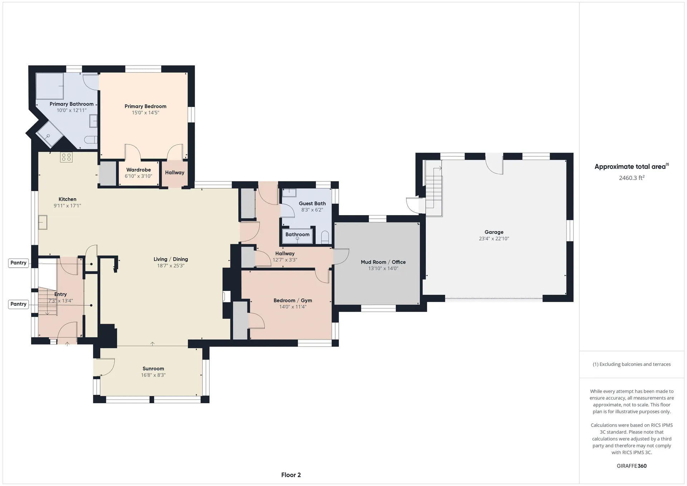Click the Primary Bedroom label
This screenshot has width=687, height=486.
(145, 106)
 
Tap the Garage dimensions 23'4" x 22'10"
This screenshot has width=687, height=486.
(494, 239)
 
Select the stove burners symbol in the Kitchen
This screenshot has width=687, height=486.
(66, 157)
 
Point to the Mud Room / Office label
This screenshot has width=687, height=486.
(383, 262)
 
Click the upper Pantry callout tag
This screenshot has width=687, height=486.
(19, 263)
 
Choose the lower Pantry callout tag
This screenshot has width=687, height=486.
(19, 304)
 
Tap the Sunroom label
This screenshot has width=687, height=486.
(153, 369)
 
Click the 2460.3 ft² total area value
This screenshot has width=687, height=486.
(632, 178)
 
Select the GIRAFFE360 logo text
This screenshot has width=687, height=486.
(632, 466)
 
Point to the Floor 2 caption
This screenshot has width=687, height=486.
(291, 475)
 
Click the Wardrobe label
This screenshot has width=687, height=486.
(138, 170)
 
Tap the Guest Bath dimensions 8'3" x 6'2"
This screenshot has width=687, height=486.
(312, 210)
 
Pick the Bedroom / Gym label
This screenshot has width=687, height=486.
(293, 301)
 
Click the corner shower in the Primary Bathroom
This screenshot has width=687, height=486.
(49, 134)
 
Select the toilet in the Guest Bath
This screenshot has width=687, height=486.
(325, 237)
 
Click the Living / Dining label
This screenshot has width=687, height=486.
(171, 259)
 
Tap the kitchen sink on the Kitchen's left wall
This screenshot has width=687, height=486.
(43, 222)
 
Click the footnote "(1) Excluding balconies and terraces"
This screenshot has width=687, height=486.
(632, 364)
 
